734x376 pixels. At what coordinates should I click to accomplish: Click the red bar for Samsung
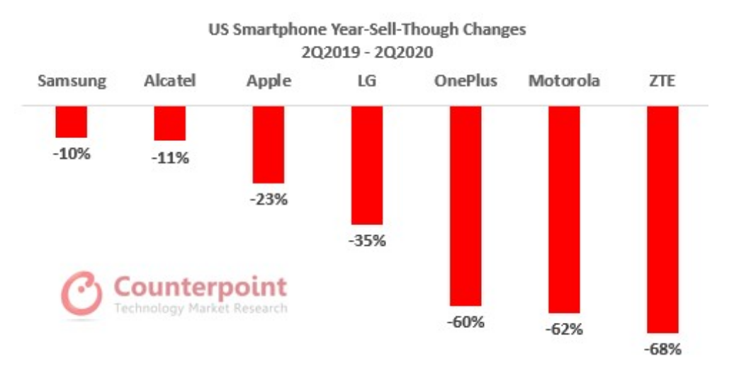pyautogui.click(x=72, y=122)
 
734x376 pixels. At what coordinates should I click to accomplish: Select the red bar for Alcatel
pyautogui.click(x=170, y=123)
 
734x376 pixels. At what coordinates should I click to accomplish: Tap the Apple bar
pyautogui.click(x=269, y=144)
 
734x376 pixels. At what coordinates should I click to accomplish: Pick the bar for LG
pyautogui.click(x=367, y=165)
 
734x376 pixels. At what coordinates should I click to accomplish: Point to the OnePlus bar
pyautogui.click(x=465, y=205)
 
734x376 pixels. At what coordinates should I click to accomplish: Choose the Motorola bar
pyautogui.click(x=564, y=210)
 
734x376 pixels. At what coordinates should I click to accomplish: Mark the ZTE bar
pyautogui.click(x=663, y=220)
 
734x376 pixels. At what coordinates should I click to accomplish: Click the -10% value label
pyautogui.click(x=72, y=152)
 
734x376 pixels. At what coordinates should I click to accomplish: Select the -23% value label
pyautogui.click(x=269, y=199)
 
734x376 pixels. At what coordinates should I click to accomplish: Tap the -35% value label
pyautogui.click(x=367, y=241)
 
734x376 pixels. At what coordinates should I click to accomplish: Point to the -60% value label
pyautogui.click(x=465, y=322)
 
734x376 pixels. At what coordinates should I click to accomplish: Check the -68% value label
pyautogui.click(x=663, y=348)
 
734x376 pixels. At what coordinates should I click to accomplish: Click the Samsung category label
pyautogui.click(x=72, y=81)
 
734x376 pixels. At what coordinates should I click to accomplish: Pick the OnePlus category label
pyautogui.click(x=465, y=81)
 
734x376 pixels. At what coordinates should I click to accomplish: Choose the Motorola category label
pyautogui.click(x=564, y=81)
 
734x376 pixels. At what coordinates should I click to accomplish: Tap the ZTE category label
pyautogui.click(x=663, y=81)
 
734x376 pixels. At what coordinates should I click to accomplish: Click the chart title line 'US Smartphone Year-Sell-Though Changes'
pyautogui.click(x=367, y=30)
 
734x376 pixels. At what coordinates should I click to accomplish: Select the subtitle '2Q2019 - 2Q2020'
pyautogui.click(x=367, y=52)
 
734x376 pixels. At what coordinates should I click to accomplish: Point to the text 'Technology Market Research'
pyautogui.click(x=201, y=309)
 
